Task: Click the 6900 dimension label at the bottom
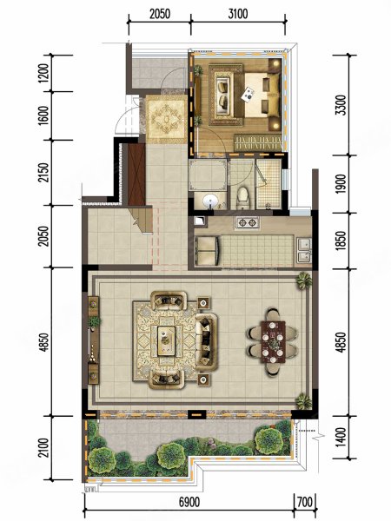pos(189,503)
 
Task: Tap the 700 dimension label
pos(305,502)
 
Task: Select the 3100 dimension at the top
pos(238,14)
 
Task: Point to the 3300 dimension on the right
pos(341,105)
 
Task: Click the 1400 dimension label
pos(341,438)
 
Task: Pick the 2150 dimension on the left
pos(43,173)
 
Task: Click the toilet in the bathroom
pos(242,198)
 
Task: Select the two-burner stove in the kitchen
pos(248,222)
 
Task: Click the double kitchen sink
pos(303,251)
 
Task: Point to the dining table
pos(274,341)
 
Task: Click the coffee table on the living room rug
pos(166,340)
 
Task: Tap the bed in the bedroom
pos(262,95)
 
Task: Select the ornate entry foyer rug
pos(165,119)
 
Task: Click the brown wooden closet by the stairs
pos(136,175)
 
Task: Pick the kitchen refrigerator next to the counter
pos(207,250)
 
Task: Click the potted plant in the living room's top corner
pos(303,281)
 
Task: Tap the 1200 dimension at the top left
pos(43,73)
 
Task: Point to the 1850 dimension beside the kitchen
pos(341,241)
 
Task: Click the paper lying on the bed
pos(248,94)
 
